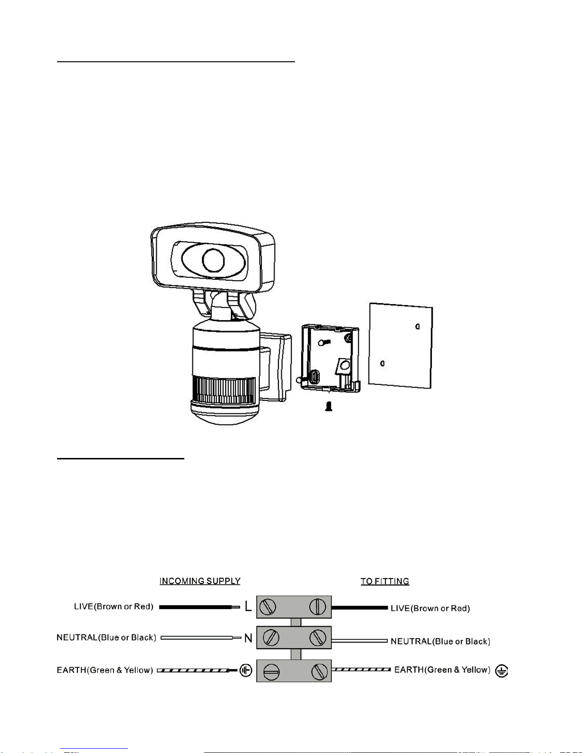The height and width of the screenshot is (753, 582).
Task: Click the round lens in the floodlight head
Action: tap(213, 260)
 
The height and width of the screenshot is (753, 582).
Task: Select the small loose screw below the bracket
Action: tap(329, 406)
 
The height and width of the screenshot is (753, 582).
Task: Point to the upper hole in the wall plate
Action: tap(418, 326)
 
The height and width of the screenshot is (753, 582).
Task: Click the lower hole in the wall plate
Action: tap(382, 363)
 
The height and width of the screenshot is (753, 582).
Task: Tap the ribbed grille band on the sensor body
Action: tap(224, 390)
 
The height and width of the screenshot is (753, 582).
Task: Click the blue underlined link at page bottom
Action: tap(94, 749)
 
